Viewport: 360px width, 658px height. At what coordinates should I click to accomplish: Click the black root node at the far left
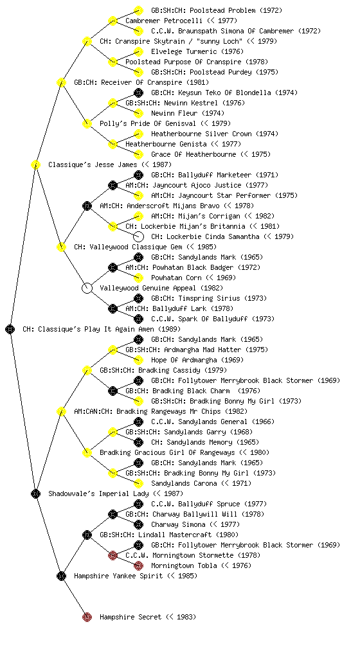(10, 330)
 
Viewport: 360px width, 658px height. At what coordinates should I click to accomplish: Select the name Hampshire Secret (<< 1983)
(148, 617)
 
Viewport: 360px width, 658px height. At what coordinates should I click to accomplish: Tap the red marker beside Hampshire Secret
(87, 617)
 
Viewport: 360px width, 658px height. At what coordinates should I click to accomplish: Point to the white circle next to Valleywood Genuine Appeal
(87, 289)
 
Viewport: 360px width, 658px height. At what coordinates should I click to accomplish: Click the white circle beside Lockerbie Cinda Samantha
(138, 236)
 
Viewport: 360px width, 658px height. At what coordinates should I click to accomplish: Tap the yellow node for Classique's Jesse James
(35, 164)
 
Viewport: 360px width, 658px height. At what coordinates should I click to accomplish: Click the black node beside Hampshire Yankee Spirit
(61, 576)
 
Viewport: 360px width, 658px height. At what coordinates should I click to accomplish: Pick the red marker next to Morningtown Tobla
(138, 565)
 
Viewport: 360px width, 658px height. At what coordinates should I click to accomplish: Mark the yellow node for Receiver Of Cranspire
(61, 82)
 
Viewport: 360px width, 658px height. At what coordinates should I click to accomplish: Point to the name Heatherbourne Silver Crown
(201, 134)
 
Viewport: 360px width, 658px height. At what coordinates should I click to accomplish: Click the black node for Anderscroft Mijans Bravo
(87, 206)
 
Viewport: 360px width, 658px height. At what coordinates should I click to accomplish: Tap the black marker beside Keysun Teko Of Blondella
(138, 93)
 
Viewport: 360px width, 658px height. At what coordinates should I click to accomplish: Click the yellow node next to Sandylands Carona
(138, 483)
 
